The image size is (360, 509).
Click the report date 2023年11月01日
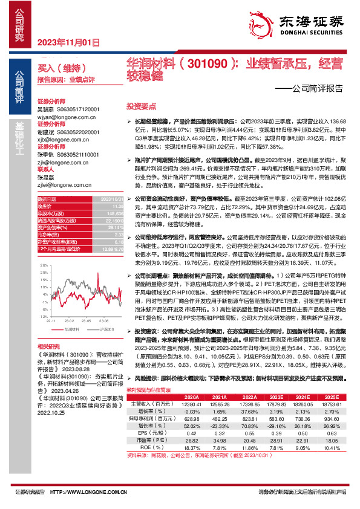click(x=68, y=42)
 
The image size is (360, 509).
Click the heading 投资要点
click(x=137, y=105)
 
